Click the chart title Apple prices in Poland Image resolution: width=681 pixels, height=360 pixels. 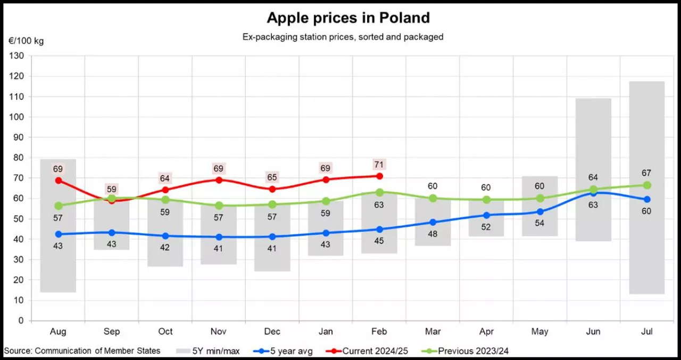pos(348,18)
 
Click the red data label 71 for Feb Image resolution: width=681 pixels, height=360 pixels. pos(379,164)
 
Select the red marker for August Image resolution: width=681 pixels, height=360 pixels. pos(59,180)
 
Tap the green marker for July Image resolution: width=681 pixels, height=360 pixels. pos(647,185)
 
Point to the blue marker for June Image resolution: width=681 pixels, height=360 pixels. pos(593,192)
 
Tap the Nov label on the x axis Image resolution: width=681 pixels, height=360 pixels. pos(219,332)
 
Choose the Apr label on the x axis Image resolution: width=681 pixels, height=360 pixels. pos(486,332)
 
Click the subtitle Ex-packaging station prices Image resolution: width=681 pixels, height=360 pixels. pos(343,37)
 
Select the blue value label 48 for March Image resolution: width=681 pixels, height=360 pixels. pos(433,233)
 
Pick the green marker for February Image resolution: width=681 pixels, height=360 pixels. pos(379,192)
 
